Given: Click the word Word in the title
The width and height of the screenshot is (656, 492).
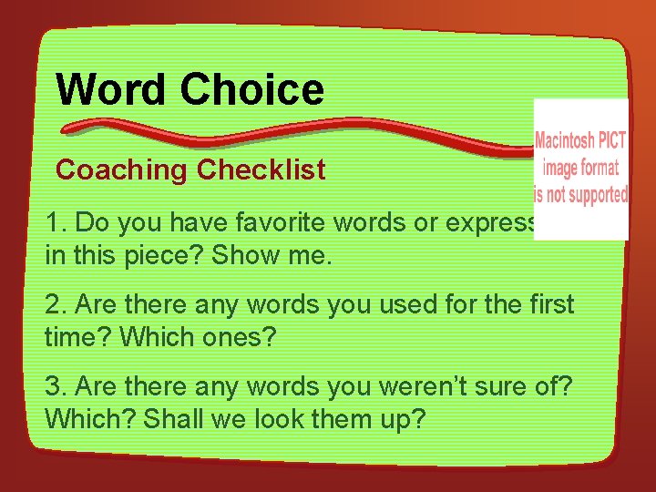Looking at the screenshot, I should pos(112,90).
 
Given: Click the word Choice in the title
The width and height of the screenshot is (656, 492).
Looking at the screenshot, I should pos(252,90).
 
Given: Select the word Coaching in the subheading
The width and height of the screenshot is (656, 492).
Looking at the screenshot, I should pos(122,170).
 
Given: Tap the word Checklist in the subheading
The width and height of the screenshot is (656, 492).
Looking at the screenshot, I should pos(261,170).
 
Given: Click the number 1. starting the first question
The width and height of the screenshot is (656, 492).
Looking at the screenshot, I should pos(56,223).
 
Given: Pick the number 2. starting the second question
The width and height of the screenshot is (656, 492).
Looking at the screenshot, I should pos(56,303).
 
